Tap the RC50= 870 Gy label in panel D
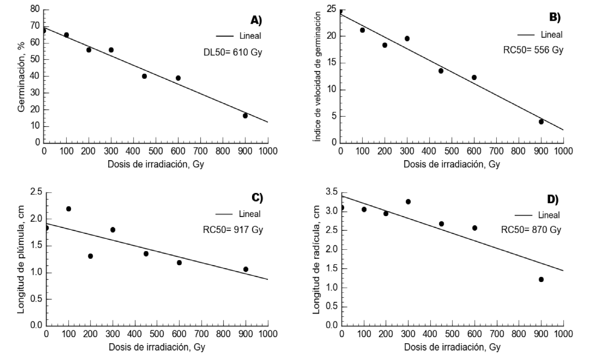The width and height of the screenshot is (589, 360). point(531,230)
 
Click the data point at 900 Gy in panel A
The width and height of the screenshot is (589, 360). point(245,115)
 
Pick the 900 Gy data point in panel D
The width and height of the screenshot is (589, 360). point(541,279)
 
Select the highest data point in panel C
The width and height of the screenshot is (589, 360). point(69,209)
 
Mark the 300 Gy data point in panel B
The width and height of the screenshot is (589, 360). point(407,38)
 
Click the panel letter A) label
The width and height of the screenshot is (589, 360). point(257,20)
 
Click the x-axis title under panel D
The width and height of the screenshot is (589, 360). point(451,347)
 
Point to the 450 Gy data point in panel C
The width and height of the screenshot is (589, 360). point(146,254)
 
